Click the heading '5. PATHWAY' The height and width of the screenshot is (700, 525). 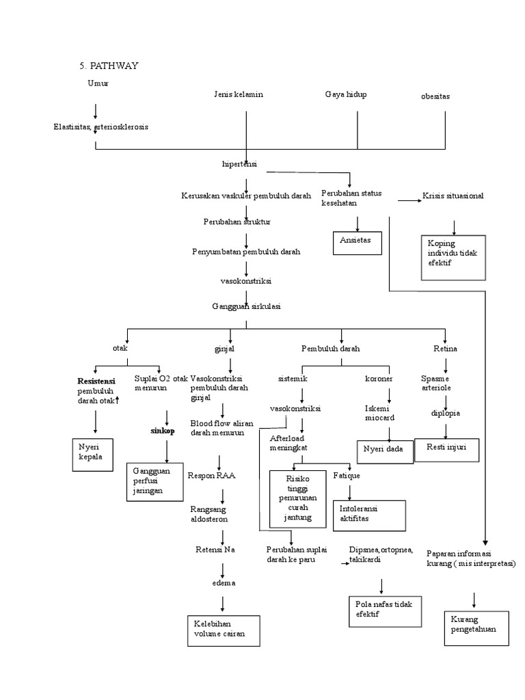[109, 66]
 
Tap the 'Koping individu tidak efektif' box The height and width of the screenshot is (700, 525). [453, 257]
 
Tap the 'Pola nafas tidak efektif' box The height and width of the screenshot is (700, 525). [384, 609]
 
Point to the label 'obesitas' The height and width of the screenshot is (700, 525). [436, 96]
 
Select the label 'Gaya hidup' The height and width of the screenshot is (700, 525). [346, 94]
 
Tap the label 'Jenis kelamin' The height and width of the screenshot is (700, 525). [239, 94]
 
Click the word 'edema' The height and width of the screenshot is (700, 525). [224, 582]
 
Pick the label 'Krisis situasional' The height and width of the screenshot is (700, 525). [453, 196]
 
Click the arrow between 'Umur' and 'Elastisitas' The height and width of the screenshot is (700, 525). [96, 110]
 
